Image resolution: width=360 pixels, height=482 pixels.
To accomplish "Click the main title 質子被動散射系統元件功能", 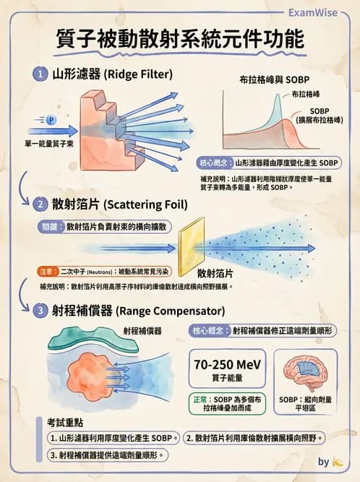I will pos(180,40).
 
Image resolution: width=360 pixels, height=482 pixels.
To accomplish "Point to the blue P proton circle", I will pos(51,119).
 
